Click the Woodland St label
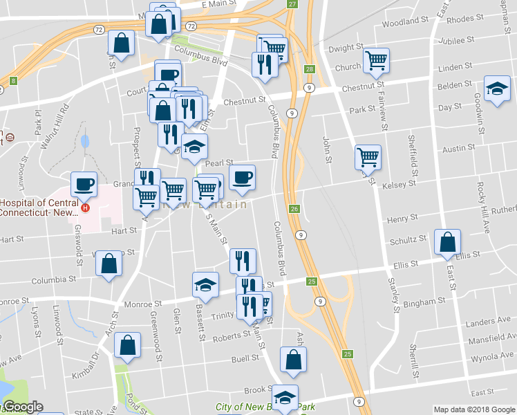400,23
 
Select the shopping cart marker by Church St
376,60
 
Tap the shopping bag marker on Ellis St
448,242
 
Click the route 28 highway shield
309,69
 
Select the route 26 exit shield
294,209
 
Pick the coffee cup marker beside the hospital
84,184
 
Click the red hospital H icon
86,207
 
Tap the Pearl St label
219,163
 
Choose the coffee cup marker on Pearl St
242,177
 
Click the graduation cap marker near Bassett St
205,285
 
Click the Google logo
21,407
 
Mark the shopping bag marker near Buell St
294,360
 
